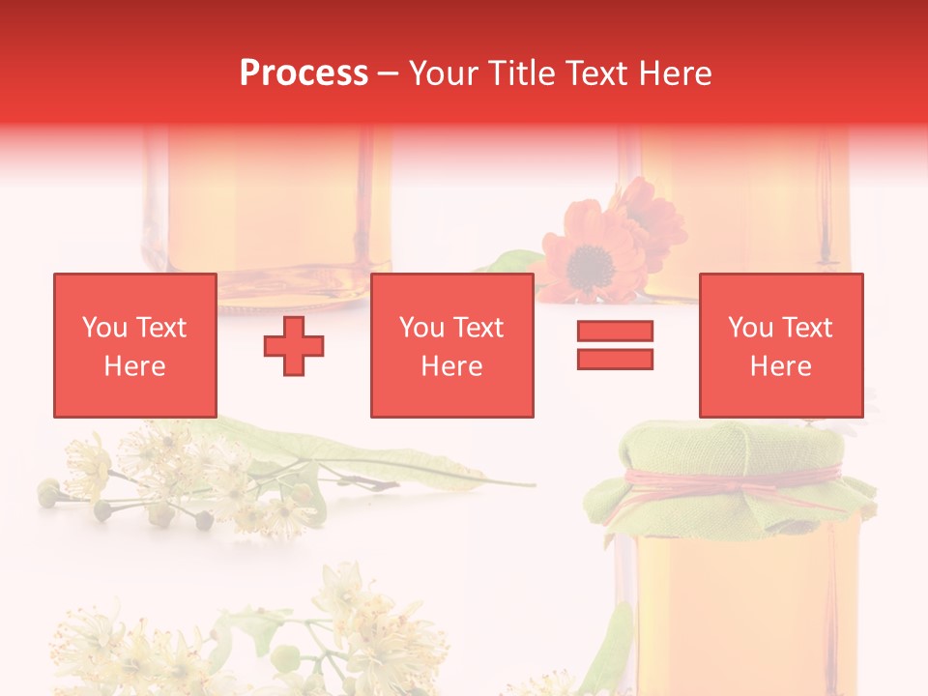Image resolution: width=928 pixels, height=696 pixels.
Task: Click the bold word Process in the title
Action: (x=304, y=73)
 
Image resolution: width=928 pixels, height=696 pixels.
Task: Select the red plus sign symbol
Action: (x=294, y=346)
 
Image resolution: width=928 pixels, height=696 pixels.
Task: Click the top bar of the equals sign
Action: (x=615, y=331)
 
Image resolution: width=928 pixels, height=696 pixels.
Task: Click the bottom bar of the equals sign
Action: (x=615, y=359)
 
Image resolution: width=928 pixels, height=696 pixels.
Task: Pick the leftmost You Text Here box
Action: (x=134, y=345)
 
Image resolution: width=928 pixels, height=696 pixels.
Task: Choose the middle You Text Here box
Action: (x=451, y=345)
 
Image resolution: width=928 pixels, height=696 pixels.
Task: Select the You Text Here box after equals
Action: (x=780, y=345)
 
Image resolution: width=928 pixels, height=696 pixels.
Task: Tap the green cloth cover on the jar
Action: (x=735, y=454)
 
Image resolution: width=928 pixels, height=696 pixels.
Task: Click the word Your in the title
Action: (x=445, y=73)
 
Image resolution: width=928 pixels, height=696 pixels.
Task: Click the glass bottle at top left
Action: (x=266, y=208)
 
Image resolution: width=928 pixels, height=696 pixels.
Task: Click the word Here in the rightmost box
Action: (x=780, y=366)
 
